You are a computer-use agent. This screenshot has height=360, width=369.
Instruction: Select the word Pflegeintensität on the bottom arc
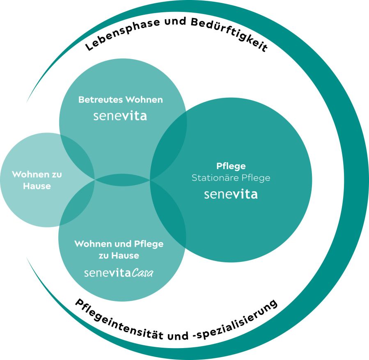119,320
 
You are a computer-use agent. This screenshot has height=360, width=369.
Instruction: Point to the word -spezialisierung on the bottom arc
235,320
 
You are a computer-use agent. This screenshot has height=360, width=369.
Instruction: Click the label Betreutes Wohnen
121,99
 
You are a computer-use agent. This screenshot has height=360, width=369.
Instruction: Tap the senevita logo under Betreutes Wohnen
120,116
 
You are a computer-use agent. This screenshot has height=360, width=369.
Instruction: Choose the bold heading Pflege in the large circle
231,166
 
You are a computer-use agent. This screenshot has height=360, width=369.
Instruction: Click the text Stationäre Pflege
231,178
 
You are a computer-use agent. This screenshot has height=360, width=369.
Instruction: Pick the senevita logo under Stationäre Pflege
231,194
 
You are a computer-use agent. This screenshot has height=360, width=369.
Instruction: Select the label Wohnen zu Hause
37,180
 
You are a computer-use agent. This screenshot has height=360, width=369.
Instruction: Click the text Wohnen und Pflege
119,244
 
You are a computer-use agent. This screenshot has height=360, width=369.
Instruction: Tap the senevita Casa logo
119,273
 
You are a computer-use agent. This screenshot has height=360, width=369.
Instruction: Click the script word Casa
142,273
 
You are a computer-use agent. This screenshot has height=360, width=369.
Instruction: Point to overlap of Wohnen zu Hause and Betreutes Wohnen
76,157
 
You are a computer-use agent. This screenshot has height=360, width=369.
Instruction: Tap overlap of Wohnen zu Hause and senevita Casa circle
76,202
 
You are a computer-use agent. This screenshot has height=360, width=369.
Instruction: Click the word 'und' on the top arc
175,22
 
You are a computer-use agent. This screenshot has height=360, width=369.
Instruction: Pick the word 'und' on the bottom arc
178,335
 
